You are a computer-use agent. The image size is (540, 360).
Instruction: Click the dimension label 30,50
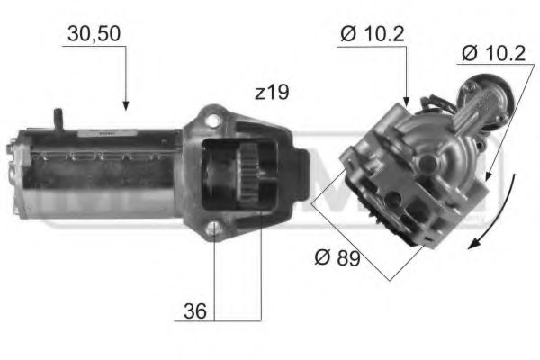[x=94, y=35]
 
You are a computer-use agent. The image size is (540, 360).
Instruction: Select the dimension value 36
[x=194, y=311]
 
